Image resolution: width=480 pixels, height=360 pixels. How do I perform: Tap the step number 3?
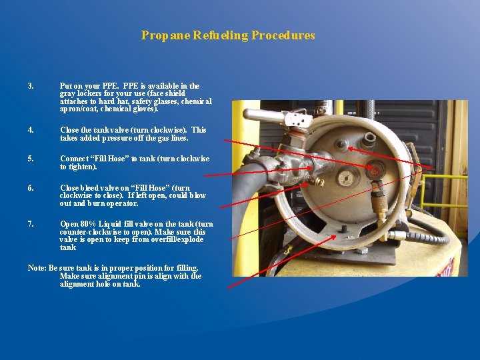(30, 86)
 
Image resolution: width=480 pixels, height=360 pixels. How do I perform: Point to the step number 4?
(30, 130)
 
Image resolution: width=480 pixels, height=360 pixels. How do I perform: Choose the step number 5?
(30, 159)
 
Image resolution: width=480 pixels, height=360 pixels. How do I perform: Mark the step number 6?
(30, 188)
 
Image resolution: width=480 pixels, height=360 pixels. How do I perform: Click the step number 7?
(30, 224)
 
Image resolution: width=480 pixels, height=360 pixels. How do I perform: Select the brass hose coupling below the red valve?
(378, 201)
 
